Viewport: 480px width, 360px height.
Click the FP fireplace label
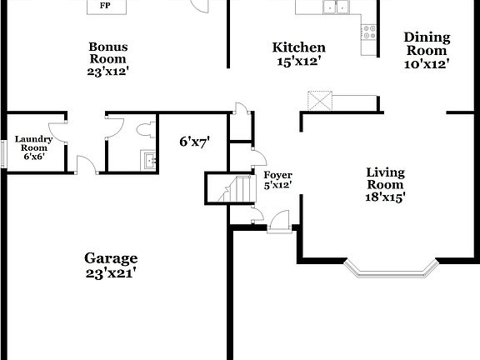(x=105, y=6)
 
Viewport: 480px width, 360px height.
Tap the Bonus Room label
(x=108, y=52)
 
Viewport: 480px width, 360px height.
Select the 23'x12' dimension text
(x=108, y=72)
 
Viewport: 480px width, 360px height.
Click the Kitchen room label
(x=299, y=47)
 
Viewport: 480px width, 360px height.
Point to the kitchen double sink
(x=337, y=7)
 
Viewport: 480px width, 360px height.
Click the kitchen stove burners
(x=367, y=32)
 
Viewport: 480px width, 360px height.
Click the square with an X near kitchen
(x=319, y=101)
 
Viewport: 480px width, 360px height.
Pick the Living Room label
(x=386, y=178)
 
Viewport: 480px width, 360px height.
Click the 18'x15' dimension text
(x=386, y=197)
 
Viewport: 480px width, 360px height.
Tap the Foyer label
(x=277, y=175)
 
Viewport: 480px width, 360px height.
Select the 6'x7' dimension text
(x=194, y=142)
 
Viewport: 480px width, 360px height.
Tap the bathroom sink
(x=147, y=159)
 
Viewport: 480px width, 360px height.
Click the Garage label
(x=111, y=258)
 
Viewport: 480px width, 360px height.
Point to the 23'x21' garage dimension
(x=111, y=272)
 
